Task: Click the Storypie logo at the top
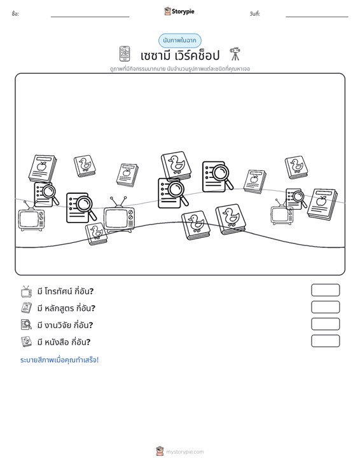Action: click(179, 11)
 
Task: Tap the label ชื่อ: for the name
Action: click(15, 14)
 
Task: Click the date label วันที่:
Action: click(255, 14)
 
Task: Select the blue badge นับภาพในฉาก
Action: click(179, 41)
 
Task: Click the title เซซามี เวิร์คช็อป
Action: click(180, 55)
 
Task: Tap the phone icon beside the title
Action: click(125, 54)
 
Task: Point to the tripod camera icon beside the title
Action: click(235, 54)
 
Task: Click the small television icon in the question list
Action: click(26, 292)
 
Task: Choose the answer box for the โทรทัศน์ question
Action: click(325, 290)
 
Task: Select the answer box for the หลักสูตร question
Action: click(325, 307)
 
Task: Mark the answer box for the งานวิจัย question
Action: click(325, 324)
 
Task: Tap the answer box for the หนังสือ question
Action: click(325, 341)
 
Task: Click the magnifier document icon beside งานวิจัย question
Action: click(26, 325)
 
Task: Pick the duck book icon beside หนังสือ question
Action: click(26, 342)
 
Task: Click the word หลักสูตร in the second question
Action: click(59, 308)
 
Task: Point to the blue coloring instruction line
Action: click(59, 360)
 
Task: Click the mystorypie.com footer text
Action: click(184, 452)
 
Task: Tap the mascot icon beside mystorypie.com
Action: click(160, 451)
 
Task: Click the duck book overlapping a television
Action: click(96, 234)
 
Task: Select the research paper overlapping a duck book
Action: click(173, 193)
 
